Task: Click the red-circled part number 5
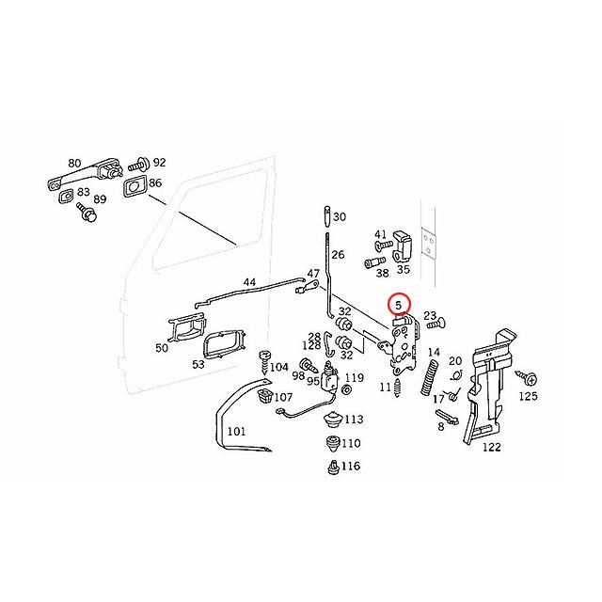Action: [x=399, y=304]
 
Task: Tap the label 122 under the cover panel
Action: [x=491, y=448]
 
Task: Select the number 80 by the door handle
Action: [x=74, y=162]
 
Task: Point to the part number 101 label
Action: [x=236, y=433]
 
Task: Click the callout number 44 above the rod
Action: [x=249, y=282]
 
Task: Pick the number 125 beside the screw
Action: [x=529, y=397]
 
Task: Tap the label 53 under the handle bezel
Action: [x=198, y=363]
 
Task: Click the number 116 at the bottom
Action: [x=351, y=467]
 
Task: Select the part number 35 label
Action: [x=403, y=268]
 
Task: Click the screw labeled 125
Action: [x=527, y=377]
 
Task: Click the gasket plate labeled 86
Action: [x=134, y=185]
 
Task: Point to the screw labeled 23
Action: [x=435, y=325]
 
